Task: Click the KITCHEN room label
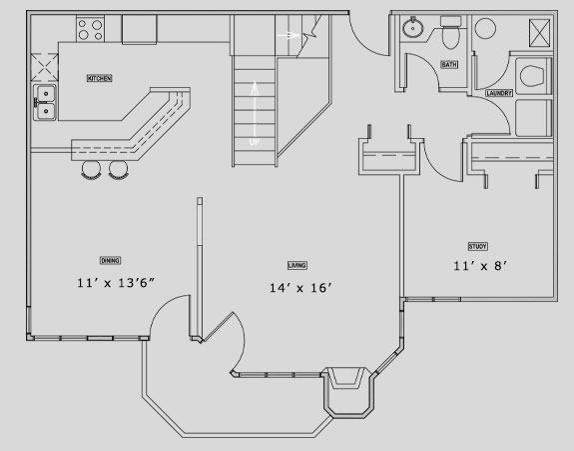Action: tap(99, 78)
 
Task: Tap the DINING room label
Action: tap(110, 260)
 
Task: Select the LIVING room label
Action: tap(297, 265)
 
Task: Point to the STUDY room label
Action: tap(478, 246)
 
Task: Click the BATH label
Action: tap(449, 65)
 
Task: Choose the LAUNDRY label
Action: tap(499, 93)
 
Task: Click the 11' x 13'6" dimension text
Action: tap(116, 283)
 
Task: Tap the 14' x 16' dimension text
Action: tap(300, 288)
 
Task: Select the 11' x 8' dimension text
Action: tap(480, 265)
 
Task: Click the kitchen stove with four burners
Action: tap(91, 29)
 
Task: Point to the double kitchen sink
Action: tap(45, 102)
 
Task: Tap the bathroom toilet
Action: tap(450, 32)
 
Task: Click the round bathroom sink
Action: tap(413, 27)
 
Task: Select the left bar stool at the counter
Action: tap(91, 170)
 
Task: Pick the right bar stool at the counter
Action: tap(118, 170)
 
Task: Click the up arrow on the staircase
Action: tap(255, 113)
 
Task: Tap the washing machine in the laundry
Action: tap(533, 76)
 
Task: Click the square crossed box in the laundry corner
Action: tap(540, 33)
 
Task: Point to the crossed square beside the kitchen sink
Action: tap(44, 67)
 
